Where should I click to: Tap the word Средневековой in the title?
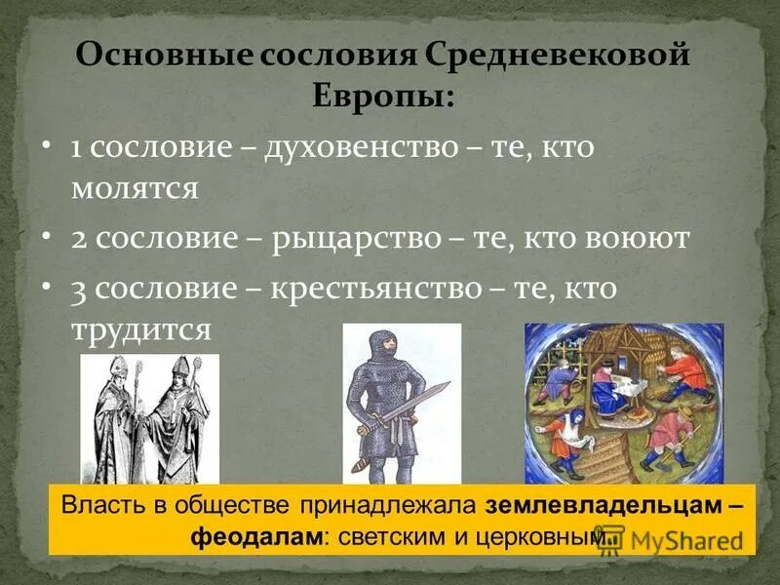click(x=557, y=54)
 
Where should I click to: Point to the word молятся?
click(x=134, y=187)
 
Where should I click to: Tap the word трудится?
click(x=140, y=329)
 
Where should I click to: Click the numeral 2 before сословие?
click(x=79, y=240)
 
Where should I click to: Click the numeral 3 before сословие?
click(x=79, y=291)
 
